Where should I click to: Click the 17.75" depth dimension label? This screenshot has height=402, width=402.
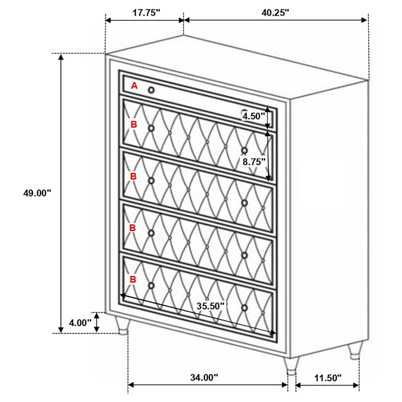click(146, 13)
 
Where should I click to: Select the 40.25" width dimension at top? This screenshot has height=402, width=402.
click(275, 13)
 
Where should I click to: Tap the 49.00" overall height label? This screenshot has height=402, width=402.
click(38, 193)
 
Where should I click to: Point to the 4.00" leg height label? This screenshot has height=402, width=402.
click(80, 322)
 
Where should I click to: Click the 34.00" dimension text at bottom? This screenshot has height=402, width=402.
click(204, 377)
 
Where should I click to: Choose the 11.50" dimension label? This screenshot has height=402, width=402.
click(328, 377)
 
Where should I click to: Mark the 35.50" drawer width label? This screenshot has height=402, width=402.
click(210, 306)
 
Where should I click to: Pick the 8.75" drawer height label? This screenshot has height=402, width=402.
click(254, 162)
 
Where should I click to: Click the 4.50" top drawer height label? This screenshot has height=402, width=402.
click(254, 116)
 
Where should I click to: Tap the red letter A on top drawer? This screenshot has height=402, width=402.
click(134, 86)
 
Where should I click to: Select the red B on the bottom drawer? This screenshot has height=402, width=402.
click(133, 279)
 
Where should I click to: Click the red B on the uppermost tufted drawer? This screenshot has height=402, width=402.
click(134, 124)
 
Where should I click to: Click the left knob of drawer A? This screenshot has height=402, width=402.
click(151, 90)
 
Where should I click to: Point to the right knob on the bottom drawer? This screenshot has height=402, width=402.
click(244, 308)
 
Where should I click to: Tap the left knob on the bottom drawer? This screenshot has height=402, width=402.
click(151, 285)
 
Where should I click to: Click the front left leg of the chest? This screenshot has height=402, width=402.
click(122, 325)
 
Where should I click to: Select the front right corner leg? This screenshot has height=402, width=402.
click(292, 366)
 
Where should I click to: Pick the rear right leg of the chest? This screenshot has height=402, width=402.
click(355, 351)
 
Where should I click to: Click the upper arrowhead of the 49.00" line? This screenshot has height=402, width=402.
click(61, 57)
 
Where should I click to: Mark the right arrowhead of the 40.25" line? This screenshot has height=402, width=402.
click(364, 20)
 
